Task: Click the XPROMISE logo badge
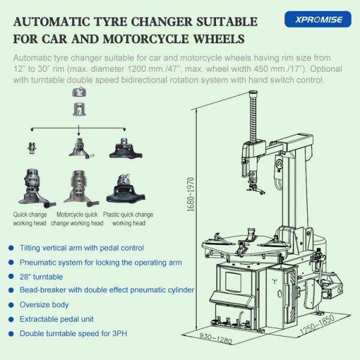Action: (x=318, y=19)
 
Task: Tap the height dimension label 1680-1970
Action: (x=191, y=194)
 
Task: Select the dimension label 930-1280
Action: (x=215, y=338)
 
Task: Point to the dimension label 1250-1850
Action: (x=317, y=325)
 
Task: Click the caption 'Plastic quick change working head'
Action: (x=128, y=219)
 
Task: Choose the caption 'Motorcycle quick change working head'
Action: (x=77, y=219)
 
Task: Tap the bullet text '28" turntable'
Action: (x=41, y=277)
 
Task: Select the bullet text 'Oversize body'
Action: (x=44, y=305)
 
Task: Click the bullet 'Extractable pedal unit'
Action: (x=56, y=319)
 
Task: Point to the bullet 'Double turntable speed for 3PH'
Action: (x=73, y=334)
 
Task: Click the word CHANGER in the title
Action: (x=161, y=22)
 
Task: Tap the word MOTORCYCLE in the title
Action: (x=146, y=39)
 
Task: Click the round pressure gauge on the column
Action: (x=280, y=164)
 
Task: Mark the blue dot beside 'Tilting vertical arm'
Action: (x=11, y=248)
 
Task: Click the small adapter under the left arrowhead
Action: (x=32, y=148)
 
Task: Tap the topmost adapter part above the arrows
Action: (x=79, y=92)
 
